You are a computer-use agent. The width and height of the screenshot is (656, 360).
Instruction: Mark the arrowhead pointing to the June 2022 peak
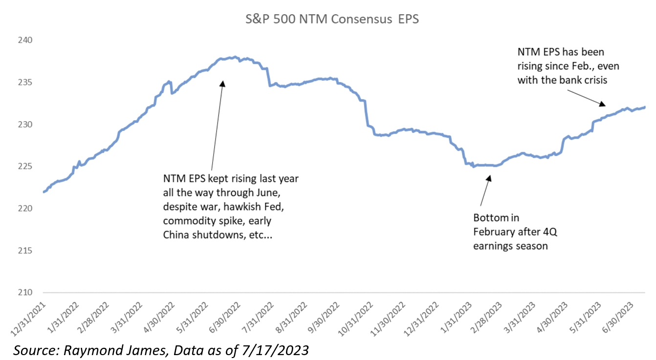[222, 83]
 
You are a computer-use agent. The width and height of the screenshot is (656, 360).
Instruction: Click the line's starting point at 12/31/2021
[44, 192]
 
